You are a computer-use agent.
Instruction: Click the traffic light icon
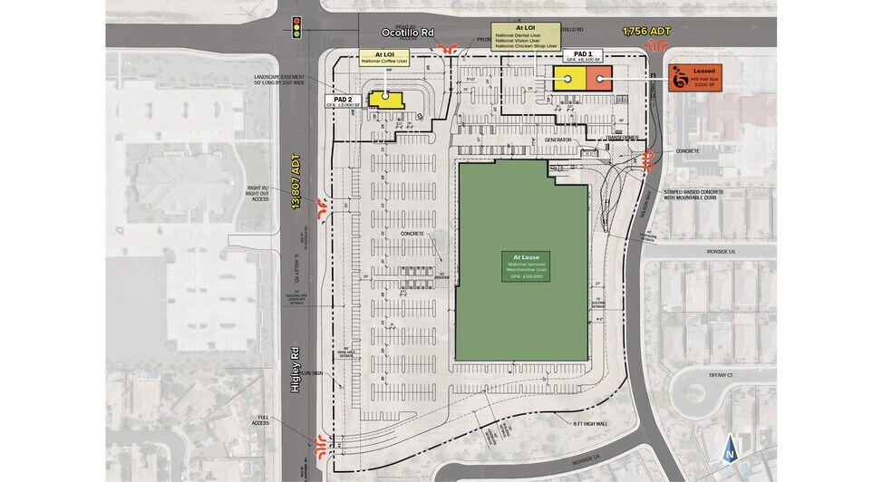(x=296, y=26)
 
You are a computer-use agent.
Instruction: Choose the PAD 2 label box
(x=344, y=101)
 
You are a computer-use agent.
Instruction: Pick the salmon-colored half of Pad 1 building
(x=598, y=79)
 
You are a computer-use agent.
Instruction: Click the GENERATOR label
(x=562, y=140)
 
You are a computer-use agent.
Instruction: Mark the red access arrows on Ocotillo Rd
(x=445, y=49)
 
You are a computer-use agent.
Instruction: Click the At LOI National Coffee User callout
(x=383, y=58)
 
